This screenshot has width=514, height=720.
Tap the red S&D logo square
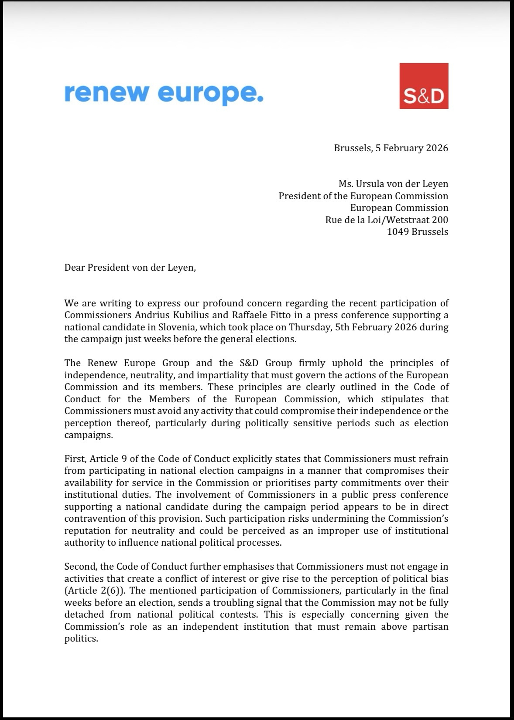pyautogui.click(x=424, y=86)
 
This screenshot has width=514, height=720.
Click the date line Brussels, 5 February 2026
pyautogui.click(x=391, y=148)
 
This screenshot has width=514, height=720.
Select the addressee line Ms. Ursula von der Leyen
pyautogui.click(x=393, y=184)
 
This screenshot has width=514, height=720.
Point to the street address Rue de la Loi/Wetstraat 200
pyautogui.click(x=387, y=220)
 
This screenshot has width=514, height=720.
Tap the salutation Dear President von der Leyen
pyautogui.click(x=130, y=267)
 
